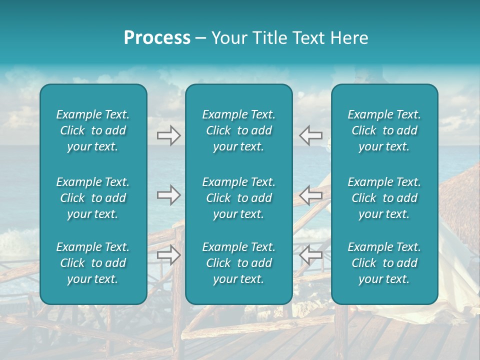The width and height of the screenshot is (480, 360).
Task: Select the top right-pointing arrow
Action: [168, 135]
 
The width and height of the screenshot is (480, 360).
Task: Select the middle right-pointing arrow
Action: [168, 195]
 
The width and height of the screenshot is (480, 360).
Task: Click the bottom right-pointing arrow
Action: [168, 255]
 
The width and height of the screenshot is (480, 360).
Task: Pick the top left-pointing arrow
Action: [311, 135]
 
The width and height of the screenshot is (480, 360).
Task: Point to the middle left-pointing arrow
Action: [311, 195]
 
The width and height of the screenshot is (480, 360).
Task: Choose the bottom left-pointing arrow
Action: [311, 255]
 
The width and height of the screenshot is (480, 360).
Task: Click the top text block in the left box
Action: [93, 130]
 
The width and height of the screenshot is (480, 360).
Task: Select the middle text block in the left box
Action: [93, 198]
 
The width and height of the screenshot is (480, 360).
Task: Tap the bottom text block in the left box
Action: [93, 263]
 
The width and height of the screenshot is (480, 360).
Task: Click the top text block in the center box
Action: [238, 130]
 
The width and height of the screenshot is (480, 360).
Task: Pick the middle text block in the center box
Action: [238, 198]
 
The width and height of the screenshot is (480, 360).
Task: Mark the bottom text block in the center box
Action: [238, 263]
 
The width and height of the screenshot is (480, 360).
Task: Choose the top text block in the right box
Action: [384, 130]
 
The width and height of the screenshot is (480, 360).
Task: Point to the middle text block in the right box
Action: [384, 198]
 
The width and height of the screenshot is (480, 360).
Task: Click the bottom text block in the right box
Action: [384, 263]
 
